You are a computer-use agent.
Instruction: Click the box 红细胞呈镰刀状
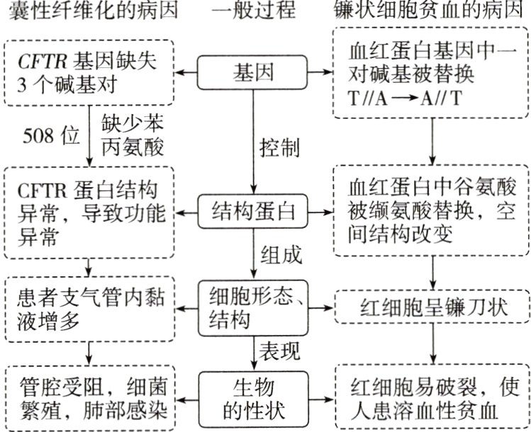pos(432,310)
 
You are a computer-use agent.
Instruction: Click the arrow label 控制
pos(280,148)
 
